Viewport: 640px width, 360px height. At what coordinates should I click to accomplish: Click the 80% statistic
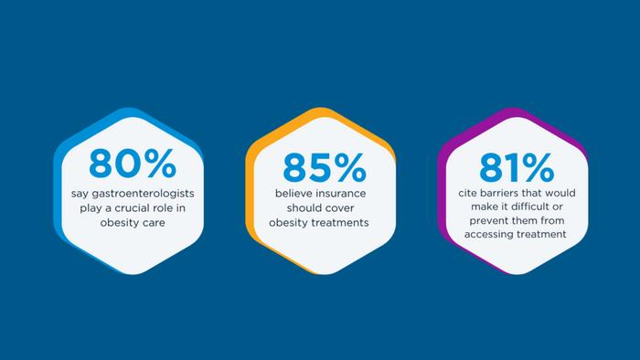[x=132, y=164]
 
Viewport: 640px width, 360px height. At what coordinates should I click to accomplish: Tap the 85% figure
[x=324, y=167]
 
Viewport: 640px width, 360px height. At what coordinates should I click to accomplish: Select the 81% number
[x=515, y=167]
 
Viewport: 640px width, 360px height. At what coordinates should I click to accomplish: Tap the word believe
[x=295, y=195]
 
